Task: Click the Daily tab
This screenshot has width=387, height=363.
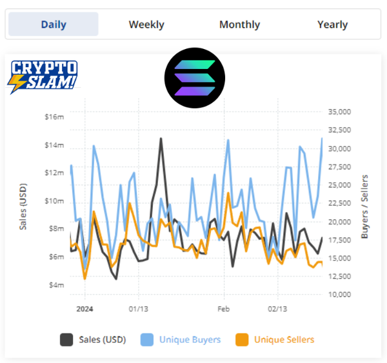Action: point(54,25)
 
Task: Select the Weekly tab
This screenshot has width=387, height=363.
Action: point(146,25)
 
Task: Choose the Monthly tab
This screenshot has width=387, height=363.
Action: point(239,25)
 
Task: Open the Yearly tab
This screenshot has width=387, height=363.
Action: point(332,25)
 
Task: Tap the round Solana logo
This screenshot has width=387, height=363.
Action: point(194,77)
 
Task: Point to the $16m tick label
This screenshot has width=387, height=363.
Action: point(54,117)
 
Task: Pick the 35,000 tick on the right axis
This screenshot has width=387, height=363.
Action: point(339,112)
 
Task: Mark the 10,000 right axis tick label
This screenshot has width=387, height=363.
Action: point(339,295)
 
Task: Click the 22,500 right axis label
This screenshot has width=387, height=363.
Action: point(339,203)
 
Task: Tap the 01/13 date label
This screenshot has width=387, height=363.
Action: point(138,309)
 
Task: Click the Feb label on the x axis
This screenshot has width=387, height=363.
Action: point(223,309)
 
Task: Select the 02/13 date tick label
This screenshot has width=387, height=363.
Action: point(277,309)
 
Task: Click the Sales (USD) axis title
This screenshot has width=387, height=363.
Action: point(22,201)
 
